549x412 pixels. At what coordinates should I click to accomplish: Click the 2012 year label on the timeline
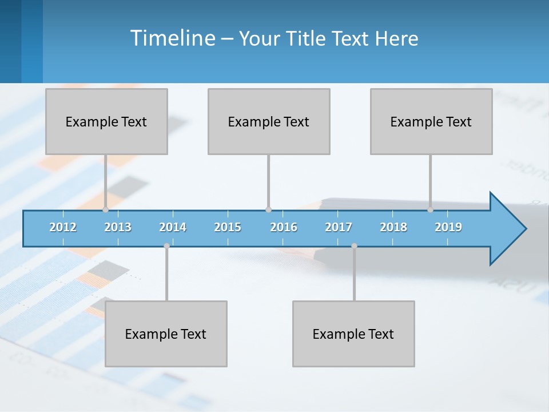point(63,227)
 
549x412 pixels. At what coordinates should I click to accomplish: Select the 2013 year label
point(118,227)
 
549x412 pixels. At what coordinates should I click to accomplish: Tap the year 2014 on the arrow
point(173,227)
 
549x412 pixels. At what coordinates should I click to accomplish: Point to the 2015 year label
point(228,227)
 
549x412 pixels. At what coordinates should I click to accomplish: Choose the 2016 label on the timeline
point(284,227)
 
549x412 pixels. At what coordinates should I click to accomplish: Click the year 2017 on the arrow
point(339,227)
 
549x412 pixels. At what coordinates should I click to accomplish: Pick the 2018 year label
point(393,227)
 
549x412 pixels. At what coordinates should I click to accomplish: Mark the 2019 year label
point(448,227)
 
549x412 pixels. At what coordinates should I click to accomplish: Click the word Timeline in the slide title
point(172,38)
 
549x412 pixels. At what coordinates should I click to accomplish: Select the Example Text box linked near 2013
point(106,121)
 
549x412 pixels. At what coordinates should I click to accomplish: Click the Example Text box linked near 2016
point(269,121)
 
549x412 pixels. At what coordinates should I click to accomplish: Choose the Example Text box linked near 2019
point(431,121)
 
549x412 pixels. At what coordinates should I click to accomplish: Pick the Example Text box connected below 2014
point(166,334)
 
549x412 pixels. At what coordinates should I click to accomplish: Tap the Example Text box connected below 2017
point(353,334)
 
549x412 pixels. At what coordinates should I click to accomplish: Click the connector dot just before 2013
point(105,209)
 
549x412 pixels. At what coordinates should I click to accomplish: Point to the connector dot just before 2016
point(268,209)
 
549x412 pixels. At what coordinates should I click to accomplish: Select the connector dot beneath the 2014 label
point(166,245)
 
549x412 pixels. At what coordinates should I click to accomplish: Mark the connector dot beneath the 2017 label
point(354,245)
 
